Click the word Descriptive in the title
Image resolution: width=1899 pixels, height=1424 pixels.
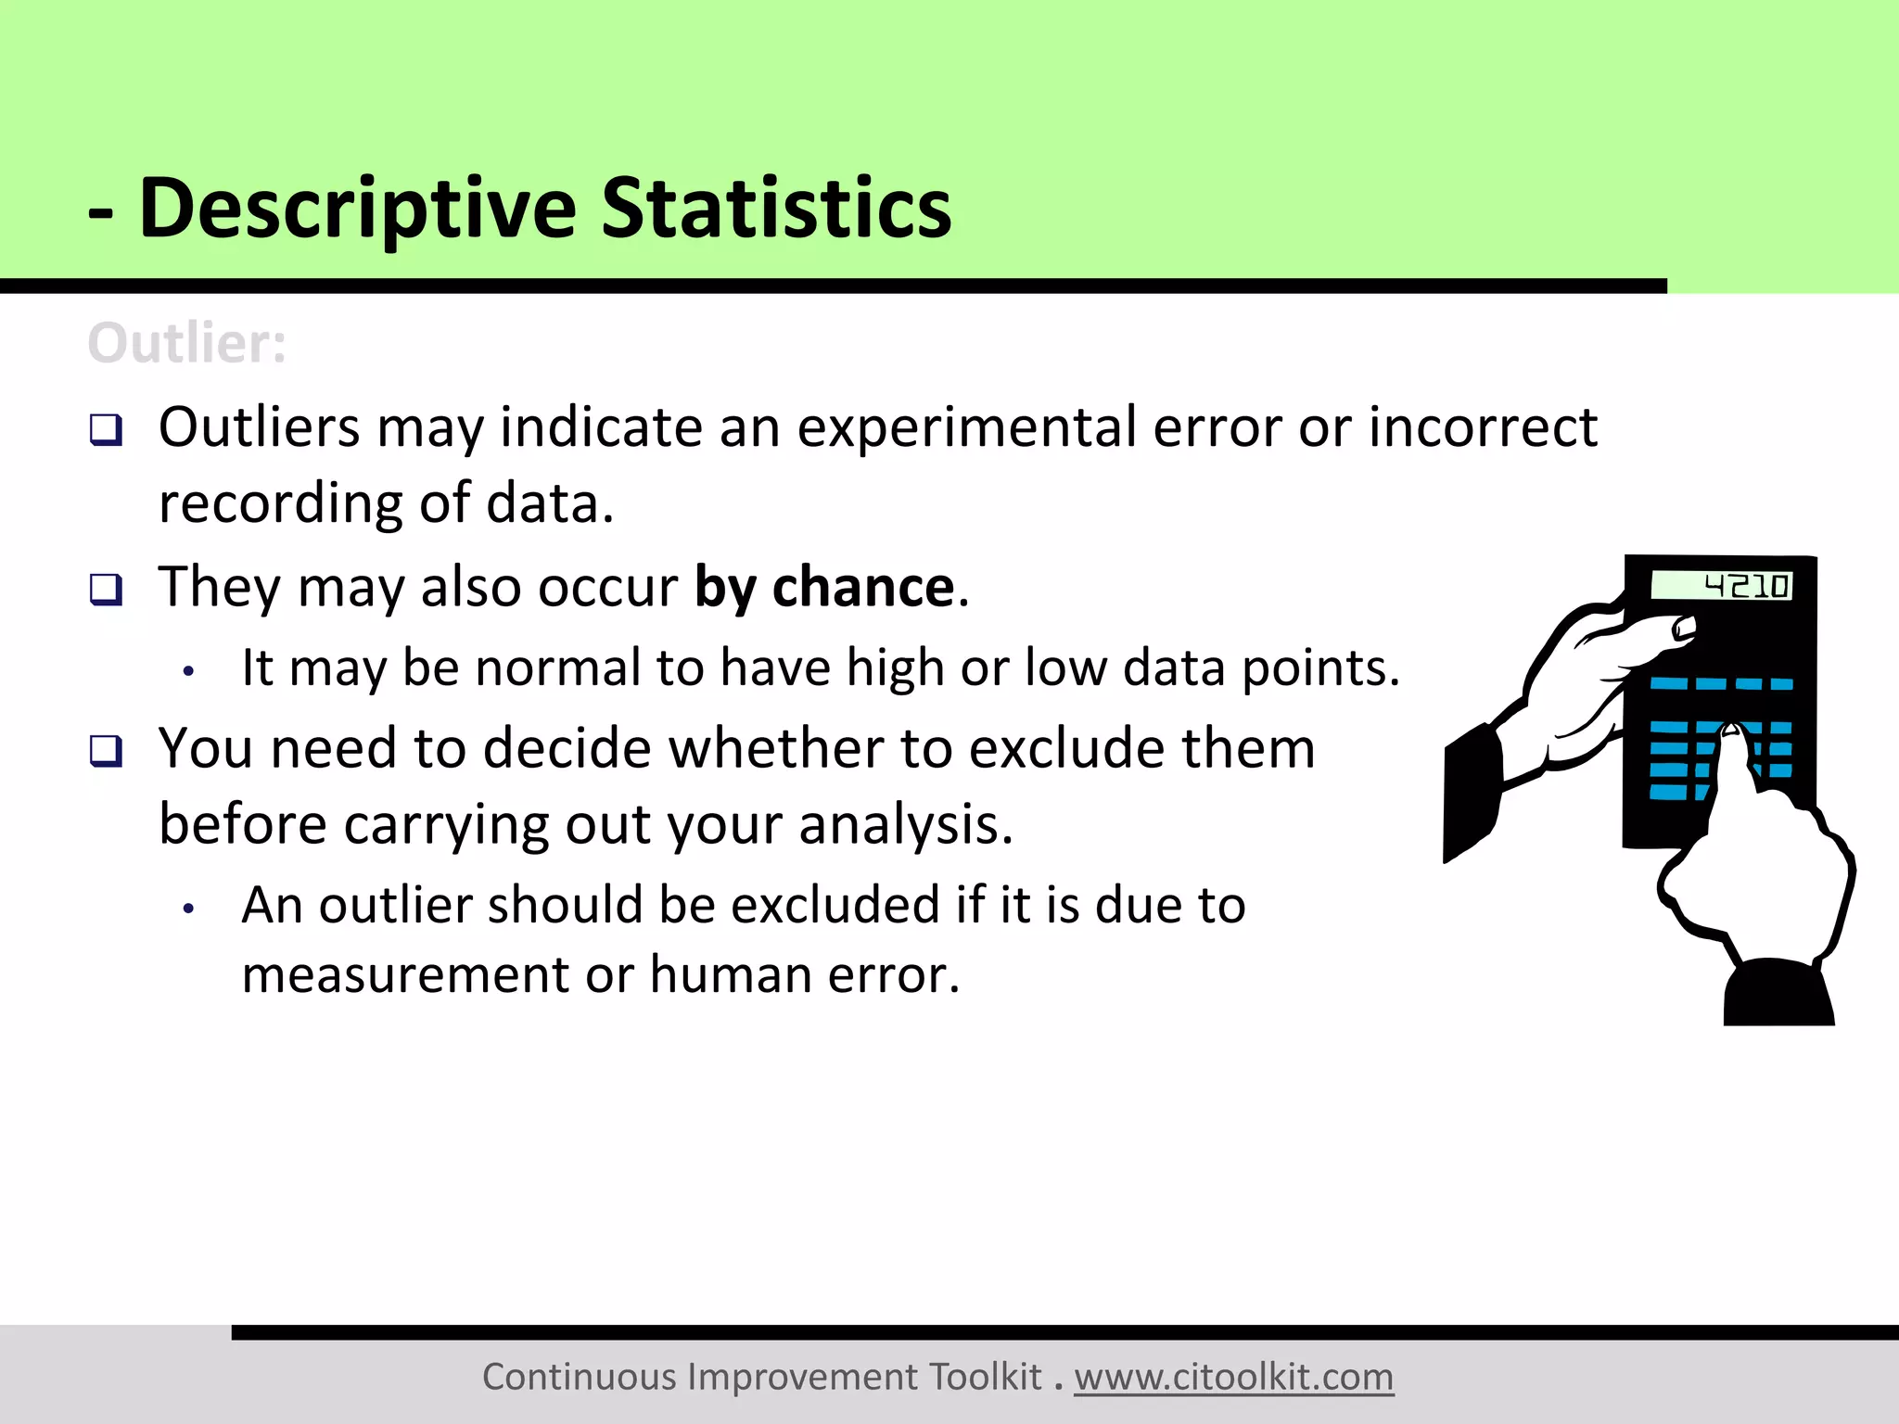pyautogui.click(x=357, y=210)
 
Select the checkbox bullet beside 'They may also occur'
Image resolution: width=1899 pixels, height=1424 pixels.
pyautogui.click(x=106, y=589)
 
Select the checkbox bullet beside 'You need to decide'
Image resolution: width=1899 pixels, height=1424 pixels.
pyautogui.click(x=106, y=750)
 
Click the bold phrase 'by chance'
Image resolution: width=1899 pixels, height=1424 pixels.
pyautogui.click(x=824, y=588)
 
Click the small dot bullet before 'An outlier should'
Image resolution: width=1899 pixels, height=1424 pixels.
pyautogui.click(x=188, y=909)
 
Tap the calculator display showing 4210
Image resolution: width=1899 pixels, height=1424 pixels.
pyautogui.click(x=1722, y=586)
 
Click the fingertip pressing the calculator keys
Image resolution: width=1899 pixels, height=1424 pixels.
pyautogui.click(x=1730, y=733)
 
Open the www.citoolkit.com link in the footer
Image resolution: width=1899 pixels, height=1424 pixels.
pyautogui.click(x=1233, y=1377)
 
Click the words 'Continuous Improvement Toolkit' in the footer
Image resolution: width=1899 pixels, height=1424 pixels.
pyautogui.click(x=761, y=1377)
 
